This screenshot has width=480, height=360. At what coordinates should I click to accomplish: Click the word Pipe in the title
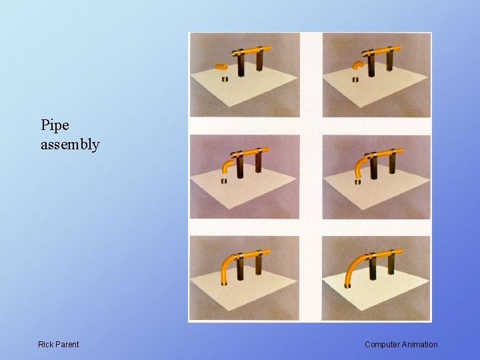55,125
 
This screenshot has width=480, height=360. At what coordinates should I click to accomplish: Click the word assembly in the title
70,145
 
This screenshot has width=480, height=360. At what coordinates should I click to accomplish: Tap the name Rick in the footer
46,345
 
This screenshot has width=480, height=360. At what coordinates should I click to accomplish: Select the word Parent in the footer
67,345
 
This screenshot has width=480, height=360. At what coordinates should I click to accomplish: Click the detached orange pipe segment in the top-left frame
221,67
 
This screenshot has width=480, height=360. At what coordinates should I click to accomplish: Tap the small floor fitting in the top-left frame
225,79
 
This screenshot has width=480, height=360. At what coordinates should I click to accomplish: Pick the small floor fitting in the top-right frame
355,79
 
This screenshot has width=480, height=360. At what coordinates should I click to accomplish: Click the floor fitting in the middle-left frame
224,181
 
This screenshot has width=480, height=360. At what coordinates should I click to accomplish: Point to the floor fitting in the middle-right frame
357,181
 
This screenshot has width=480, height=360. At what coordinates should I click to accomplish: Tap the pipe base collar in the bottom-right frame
347,285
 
